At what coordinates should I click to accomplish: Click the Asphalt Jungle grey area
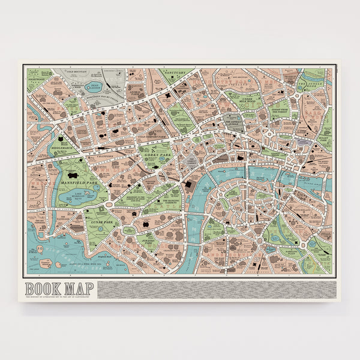click(x=235, y=119)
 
